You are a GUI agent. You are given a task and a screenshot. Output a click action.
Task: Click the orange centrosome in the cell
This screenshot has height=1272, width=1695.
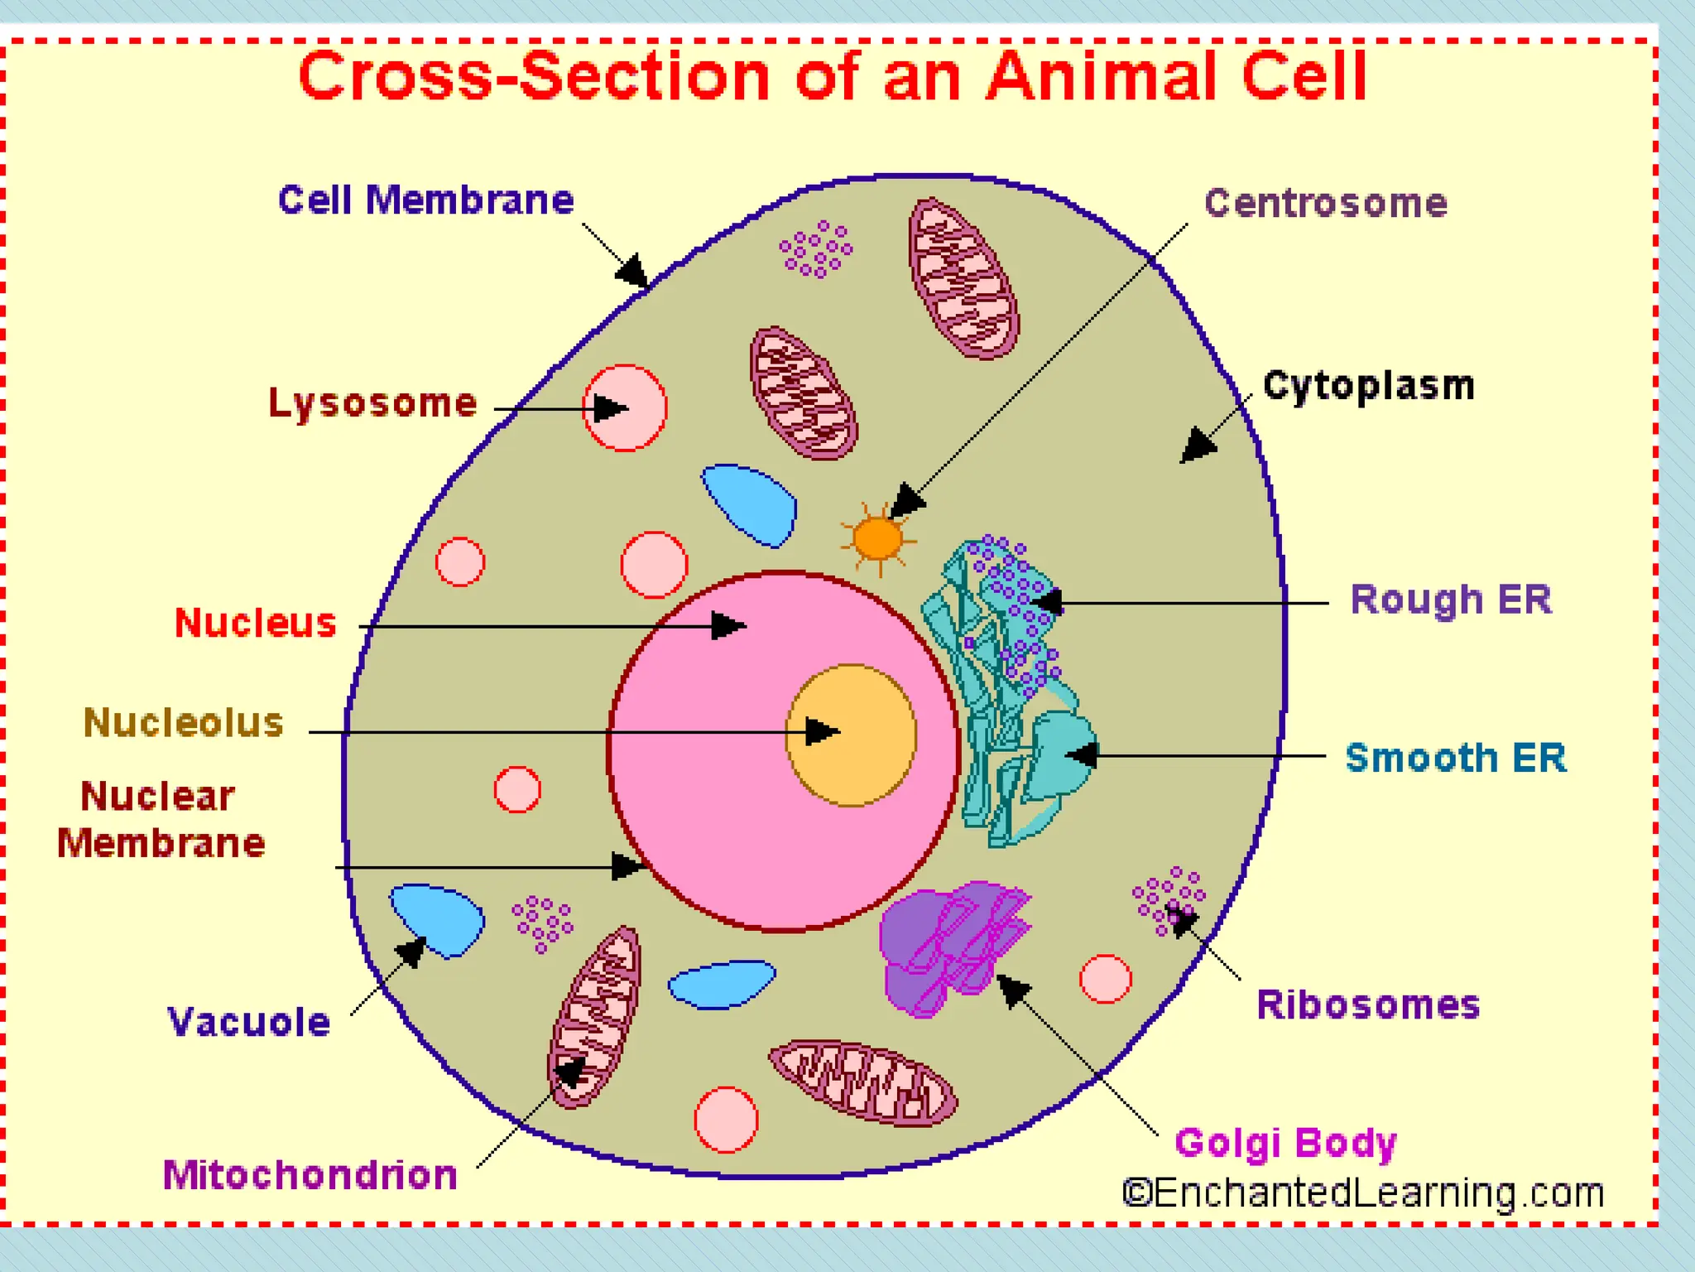pyautogui.click(x=877, y=539)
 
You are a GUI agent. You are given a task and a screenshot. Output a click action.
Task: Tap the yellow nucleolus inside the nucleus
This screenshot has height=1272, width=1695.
pyautogui.click(x=851, y=735)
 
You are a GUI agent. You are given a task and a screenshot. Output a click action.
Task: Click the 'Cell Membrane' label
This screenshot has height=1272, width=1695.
pyautogui.click(x=425, y=200)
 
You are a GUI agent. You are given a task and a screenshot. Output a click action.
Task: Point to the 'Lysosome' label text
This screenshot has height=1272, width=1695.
pyautogui.click(x=372, y=403)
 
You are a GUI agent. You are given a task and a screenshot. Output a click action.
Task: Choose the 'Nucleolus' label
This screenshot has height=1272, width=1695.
pyautogui.click(x=184, y=723)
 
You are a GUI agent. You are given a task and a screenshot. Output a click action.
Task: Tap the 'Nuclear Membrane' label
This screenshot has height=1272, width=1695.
pyautogui.click(x=161, y=820)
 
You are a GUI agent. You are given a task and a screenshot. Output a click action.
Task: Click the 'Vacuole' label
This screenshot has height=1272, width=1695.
pyautogui.click(x=249, y=1022)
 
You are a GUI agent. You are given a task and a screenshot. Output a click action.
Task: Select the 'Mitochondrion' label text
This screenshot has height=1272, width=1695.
pyautogui.click(x=310, y=1175)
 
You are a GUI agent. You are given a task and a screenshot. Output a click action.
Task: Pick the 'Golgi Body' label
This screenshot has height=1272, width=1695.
pyautogui.click(x=1285, y=1144)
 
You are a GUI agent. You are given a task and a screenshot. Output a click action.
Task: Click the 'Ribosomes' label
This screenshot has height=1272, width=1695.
pyautogui.click(x=1367, y=1005)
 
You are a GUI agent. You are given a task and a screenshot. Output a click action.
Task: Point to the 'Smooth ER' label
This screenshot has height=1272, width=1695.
pyautogui.click(x=1456, y=758)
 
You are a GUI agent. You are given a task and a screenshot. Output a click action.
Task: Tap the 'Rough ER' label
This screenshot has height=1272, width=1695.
pyautogui.click(x=1451, y=600)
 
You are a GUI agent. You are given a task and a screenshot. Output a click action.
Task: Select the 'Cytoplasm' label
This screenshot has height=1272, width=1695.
pyautogui.click(x=1369, y=386)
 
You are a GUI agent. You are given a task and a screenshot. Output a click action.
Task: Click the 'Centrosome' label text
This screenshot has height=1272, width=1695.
pyautogui.click(x=1325, y=204)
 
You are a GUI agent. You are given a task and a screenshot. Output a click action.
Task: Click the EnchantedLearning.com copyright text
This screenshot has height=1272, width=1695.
pyautogui.click(x=1363, y=1193)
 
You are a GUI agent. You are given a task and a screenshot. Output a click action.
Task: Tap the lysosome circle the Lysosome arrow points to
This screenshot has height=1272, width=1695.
pyautogui.click(x=625, y=408)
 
